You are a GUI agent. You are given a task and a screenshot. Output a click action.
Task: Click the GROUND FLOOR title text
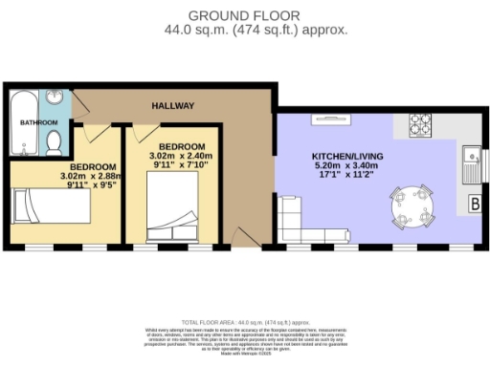click(x=244, y=15)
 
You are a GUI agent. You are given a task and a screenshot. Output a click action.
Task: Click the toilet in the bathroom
click(x=56, y=143)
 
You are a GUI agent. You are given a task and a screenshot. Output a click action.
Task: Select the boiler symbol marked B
click(x=474, y=204)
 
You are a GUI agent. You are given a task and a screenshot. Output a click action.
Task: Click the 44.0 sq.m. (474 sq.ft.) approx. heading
click(x=244, y=30)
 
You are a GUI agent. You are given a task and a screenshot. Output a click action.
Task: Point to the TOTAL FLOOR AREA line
click(x=244, y=322)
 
